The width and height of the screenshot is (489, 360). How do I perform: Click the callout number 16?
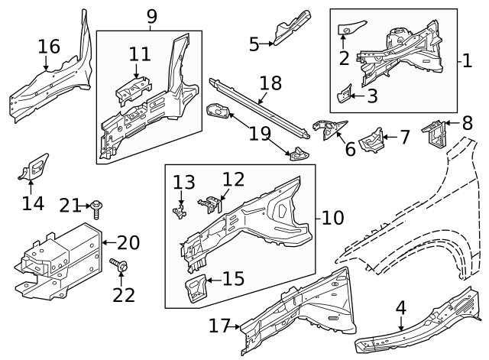click(48, 47)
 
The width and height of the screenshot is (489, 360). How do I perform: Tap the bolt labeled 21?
click(98, 206)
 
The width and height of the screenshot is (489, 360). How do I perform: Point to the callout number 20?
click(128, 243)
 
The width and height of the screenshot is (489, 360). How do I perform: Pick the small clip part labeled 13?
click(180, 210)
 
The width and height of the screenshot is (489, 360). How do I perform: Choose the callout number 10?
click(333, 218)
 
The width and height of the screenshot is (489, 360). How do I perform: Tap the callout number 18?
click(270, 83)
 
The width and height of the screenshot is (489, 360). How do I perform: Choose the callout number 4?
click(400, 308)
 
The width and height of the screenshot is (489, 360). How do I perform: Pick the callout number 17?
click(220, 326)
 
